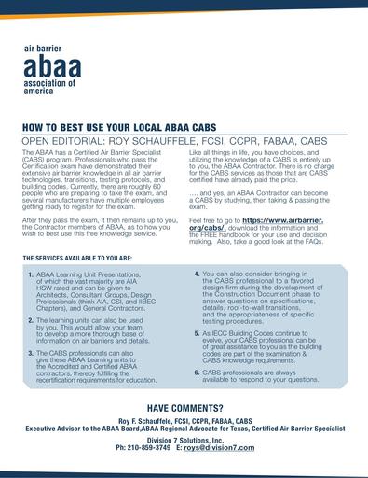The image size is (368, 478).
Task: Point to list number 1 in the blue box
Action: (x=31, y=277)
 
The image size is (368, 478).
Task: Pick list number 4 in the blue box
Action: (x=197, y=274)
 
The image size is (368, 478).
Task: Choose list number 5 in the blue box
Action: (x=197, y=332)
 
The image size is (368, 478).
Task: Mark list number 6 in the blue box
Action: (x=197, y=372)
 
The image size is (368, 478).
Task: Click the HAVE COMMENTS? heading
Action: (x=184, y=409)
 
